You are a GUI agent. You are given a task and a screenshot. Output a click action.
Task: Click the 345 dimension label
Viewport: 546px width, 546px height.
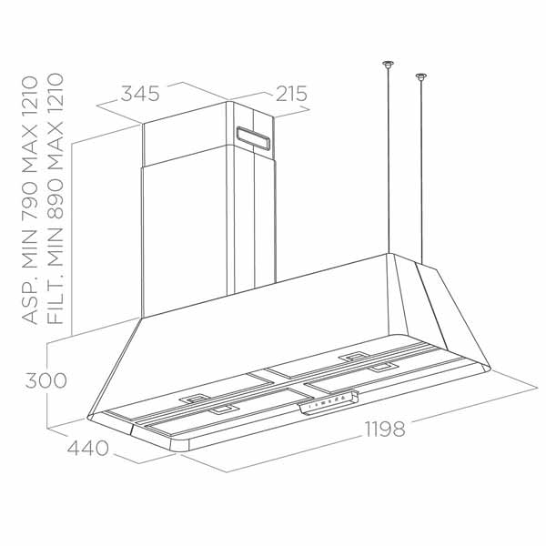141,93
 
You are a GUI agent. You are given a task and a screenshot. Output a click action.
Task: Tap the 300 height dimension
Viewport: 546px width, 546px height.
45,380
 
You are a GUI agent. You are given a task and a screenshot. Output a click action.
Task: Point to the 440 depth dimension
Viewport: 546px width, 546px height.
87,448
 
